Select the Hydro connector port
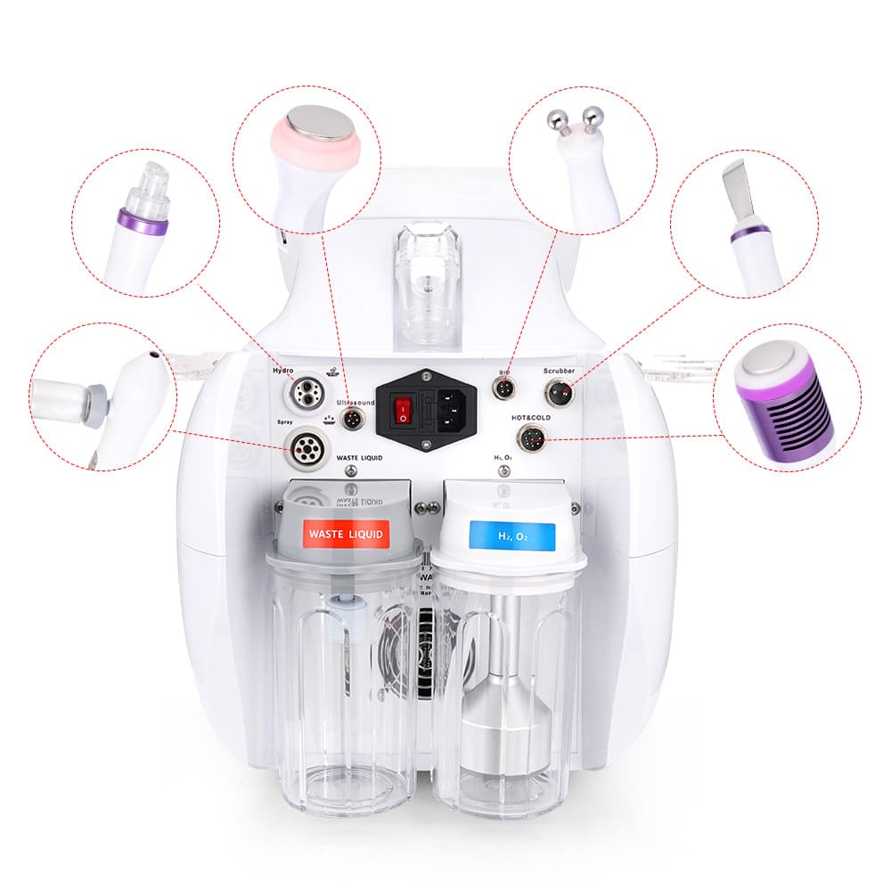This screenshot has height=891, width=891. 303,393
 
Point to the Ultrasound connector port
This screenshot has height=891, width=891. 356,419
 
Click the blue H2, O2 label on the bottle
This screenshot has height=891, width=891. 512,536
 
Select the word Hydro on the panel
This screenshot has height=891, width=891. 284,369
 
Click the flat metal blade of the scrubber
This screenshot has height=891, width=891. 740,187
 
